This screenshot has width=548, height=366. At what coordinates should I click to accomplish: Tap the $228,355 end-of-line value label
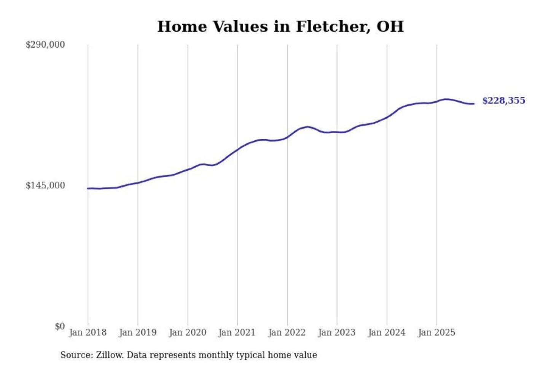[503, 101]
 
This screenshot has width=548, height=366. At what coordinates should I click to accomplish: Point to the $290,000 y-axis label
[45, 45]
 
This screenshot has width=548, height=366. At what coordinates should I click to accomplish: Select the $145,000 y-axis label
[45, 186]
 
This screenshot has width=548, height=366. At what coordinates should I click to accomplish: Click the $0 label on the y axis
[60, 326]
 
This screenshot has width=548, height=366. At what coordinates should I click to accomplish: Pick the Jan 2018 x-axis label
[88, 332]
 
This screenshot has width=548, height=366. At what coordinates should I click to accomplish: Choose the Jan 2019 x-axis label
[137, 332]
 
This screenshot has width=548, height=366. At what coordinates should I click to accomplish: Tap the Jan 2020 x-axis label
[187, 332]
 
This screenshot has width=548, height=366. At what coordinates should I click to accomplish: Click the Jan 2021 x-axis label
[237, 332]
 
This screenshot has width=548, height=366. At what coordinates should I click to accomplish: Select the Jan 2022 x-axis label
[287, 332]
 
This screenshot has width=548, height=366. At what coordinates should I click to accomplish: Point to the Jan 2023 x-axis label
[336, 332]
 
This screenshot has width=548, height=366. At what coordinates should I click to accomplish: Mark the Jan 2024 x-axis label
[387, 332]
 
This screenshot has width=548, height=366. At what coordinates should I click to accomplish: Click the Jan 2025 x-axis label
[436, 332]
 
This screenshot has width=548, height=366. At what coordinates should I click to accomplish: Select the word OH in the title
[390, 27]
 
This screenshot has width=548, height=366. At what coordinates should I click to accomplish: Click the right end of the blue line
[474, 104]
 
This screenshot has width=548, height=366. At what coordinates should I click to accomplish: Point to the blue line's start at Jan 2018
[88, 188]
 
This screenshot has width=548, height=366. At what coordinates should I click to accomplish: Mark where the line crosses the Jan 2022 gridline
[288, 137]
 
